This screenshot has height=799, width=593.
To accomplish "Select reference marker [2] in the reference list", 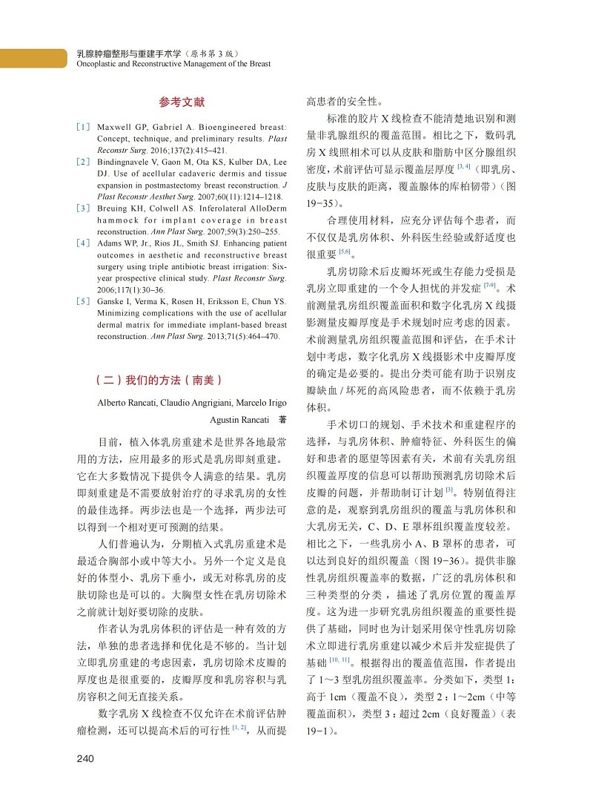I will coord(83,161).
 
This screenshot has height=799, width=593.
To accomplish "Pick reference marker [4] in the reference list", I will coord(83,243).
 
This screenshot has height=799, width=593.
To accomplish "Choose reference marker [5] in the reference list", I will coord(83,301).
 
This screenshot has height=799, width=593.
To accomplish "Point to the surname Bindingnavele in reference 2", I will coord(127,161).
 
